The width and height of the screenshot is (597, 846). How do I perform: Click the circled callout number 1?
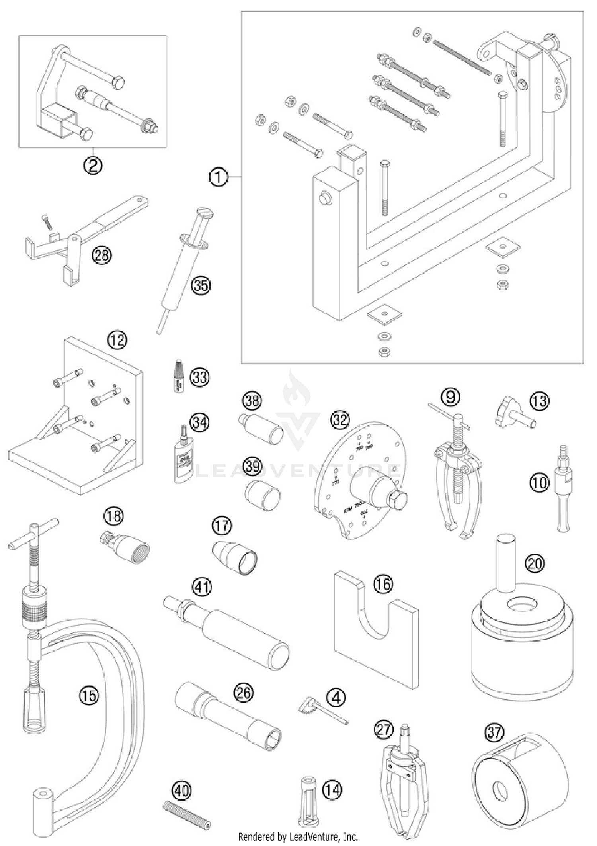(x=219, y=177)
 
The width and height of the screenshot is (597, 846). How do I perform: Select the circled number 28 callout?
(x=102, y=255)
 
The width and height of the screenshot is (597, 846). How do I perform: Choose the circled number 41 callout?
(x=202, y=587)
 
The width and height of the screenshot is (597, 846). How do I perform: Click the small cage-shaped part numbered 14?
(x=308, y=801)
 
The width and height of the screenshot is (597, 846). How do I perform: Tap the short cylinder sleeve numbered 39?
(x=262, y=495)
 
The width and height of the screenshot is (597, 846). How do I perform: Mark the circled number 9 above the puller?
(x=451, y=396)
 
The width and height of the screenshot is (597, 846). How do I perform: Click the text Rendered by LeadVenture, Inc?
(x=298, y=836)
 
